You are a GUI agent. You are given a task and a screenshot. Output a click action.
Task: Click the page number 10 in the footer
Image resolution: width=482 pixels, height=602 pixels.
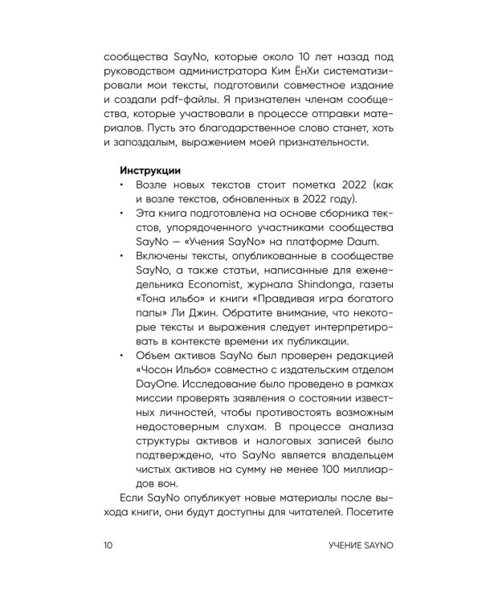[x=107, y=547]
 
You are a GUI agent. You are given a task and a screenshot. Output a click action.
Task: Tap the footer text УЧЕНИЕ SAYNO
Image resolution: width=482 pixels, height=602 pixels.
[x=342, y=547]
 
